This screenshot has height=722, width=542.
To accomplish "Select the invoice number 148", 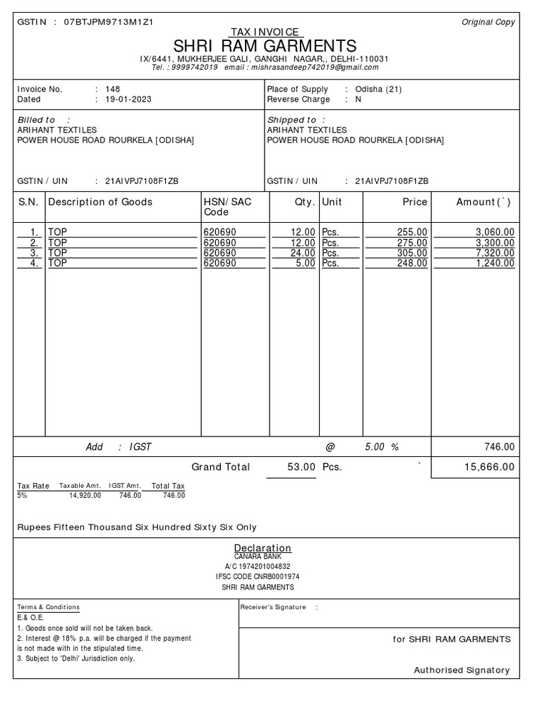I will [x=112, y=90].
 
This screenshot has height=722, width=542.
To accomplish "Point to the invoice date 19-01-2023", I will [x=128, y=99].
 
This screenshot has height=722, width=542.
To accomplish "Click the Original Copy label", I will [x=488, y=23].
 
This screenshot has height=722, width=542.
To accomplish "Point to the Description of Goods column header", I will [x=100, y=202].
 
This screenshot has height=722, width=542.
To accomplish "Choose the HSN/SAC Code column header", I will [x=227, y=207].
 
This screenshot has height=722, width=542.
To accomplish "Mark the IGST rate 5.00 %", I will [x=382, y=447].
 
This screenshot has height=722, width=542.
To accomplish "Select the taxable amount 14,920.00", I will [x=85, y=496].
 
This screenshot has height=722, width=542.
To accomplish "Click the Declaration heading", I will [x=263, y=548].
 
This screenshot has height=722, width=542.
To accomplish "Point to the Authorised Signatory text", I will [x=461, y=671].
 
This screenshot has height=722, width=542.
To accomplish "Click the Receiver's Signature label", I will [x=273, y=607].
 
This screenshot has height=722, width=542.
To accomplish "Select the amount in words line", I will [x=137, y=527].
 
